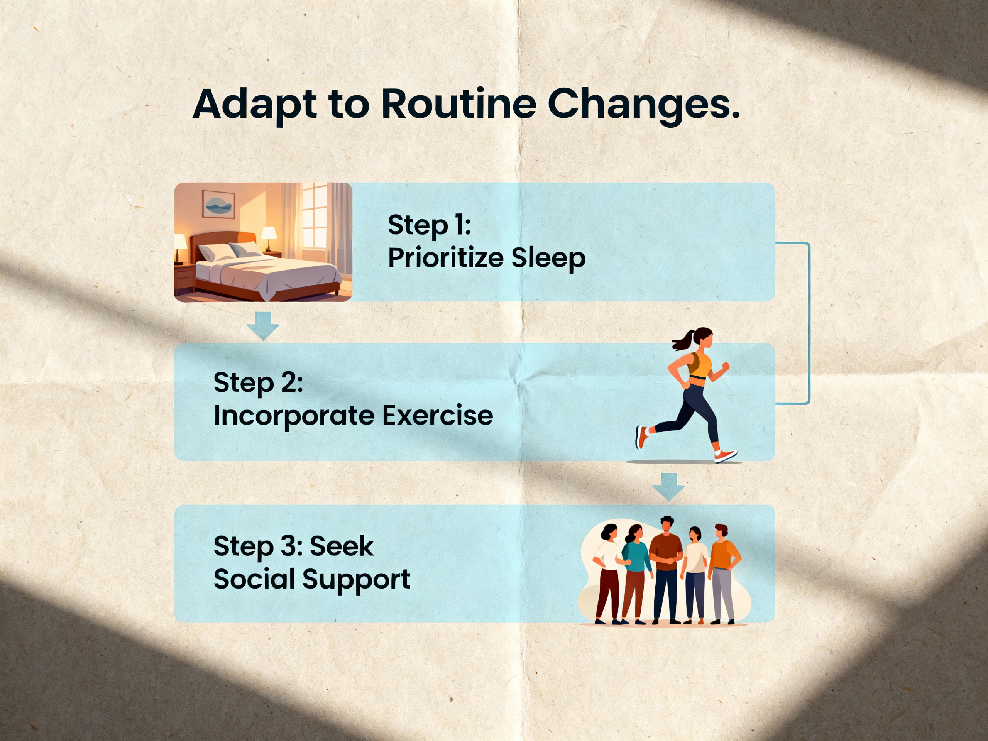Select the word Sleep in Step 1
[548, 259]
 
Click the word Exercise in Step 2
[438, 415]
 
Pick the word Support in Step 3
[357, 580]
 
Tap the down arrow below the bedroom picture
[263, 326]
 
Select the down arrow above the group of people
[668, 487]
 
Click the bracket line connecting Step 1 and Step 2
[809, 323]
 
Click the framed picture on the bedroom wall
[218, 204]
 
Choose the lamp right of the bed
[269, 239]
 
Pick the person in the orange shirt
[723, 574]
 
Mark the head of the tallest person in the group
[666, 524]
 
